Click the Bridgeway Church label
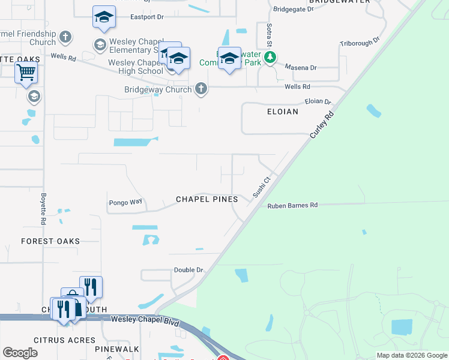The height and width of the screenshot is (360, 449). (158, 89)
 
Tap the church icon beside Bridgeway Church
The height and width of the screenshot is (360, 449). (200, 89)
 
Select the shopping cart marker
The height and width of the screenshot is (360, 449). (26, 73)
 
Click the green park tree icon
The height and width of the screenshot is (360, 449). (271, 58)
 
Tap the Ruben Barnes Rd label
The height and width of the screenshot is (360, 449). (292, 205)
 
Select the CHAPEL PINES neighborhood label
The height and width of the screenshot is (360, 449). (206, 199)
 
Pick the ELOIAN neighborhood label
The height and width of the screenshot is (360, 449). (283, 112)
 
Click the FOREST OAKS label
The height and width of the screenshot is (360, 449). (50, 241)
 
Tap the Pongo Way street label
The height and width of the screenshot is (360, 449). (125, 202)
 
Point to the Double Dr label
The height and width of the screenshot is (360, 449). (188, 270)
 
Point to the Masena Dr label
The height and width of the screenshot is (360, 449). (301, 68)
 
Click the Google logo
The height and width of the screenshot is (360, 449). (20, 353)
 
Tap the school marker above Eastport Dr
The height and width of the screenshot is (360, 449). (104, 18)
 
